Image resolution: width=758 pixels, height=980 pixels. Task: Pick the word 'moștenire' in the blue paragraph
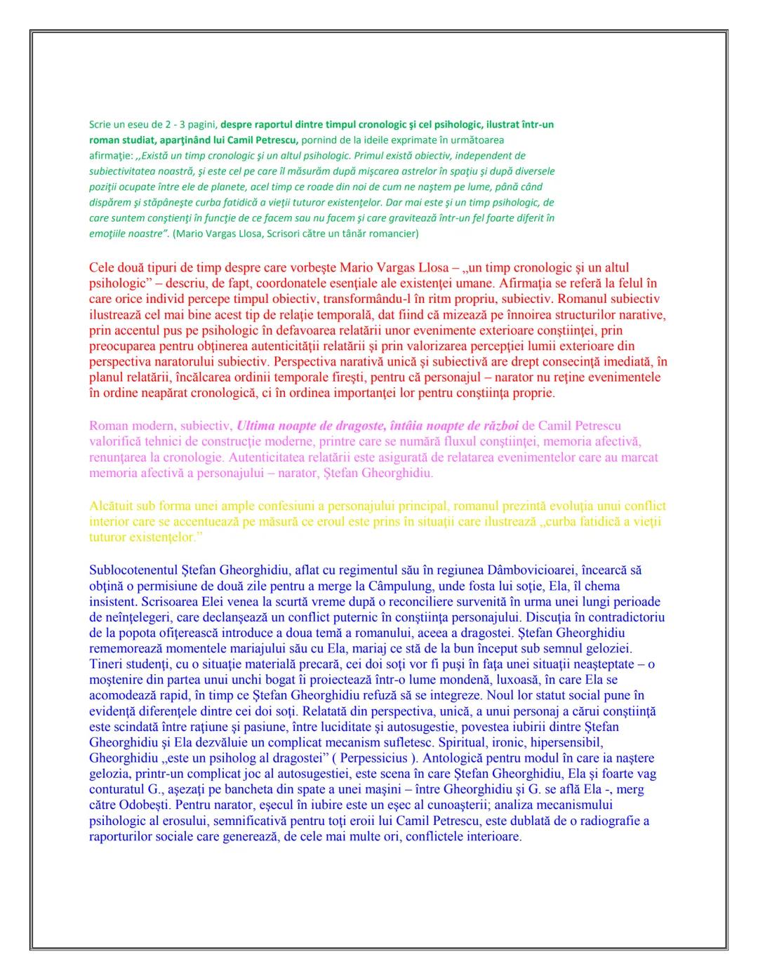click(x=114, y=680)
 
